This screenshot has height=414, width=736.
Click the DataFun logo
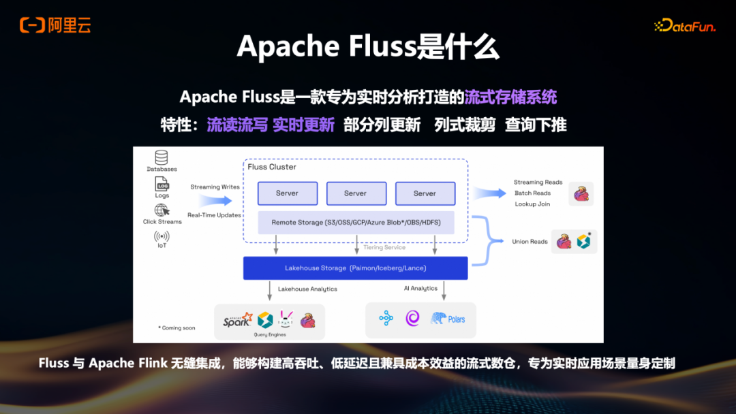click(684, 26)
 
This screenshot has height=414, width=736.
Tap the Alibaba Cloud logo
click(55, 26)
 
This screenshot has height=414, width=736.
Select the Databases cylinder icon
click(162, 157)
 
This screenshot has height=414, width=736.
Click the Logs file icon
click(162, 185)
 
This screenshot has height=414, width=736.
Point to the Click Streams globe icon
click(162, 210)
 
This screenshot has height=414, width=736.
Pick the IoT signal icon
click(162, 236)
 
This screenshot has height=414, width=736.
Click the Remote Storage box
click(356, 223)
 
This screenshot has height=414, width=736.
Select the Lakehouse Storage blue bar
click(355, 268)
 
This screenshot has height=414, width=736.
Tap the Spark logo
click(237, 319)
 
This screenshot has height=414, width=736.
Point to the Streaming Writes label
click(215, 187)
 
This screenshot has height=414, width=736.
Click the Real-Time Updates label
click(215, 215)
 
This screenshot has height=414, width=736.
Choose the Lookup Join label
click(532, 204)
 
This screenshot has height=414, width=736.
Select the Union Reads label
click(530, 242)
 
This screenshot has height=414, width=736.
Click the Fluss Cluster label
click(272, 167)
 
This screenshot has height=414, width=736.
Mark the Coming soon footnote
click(177, 328)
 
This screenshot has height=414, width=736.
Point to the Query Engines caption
click(269, 334)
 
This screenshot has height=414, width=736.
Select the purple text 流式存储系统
click(510, 97)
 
